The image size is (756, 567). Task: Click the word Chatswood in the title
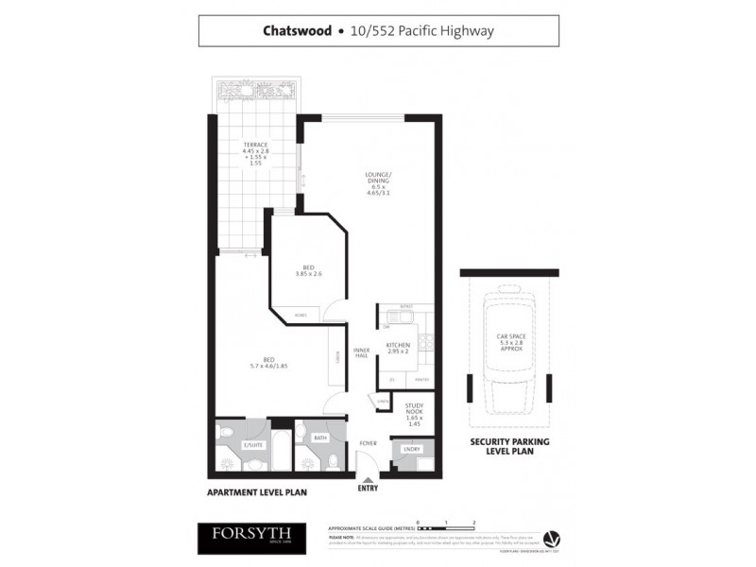297,30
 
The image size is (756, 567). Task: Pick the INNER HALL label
361,354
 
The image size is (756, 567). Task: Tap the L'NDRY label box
412,450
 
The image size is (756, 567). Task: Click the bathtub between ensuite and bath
281,452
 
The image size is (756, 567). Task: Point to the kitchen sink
387,319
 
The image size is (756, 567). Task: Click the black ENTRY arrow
367,480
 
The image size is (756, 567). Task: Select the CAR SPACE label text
510,340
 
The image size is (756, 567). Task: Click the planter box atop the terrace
255,92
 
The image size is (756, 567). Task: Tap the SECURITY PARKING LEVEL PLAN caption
510,446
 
